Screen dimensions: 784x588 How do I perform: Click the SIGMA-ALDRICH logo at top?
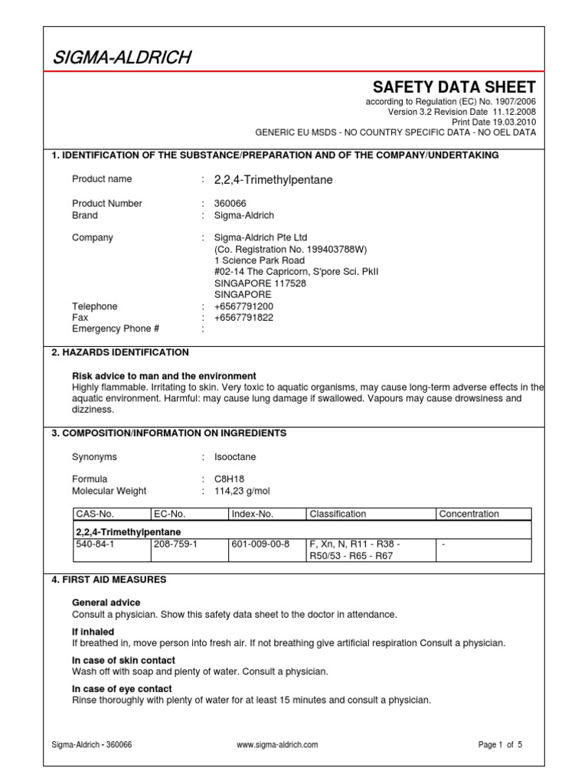122,57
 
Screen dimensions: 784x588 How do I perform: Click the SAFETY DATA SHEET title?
454,87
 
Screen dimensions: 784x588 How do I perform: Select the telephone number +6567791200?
243,306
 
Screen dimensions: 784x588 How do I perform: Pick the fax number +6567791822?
243,317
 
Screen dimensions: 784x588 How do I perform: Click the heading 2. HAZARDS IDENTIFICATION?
120,352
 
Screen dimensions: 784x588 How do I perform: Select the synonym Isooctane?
235,457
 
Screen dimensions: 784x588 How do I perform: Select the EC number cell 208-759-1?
175,544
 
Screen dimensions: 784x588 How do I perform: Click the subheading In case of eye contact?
123,689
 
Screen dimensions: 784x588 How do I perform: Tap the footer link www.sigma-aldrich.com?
278,744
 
